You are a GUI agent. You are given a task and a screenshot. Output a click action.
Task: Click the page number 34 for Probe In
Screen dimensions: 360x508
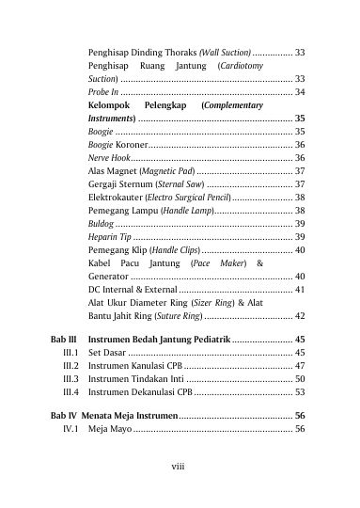click(x=299, y=94)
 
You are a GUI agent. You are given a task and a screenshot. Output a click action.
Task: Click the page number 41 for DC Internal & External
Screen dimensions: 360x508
click(x=299, y=292)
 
